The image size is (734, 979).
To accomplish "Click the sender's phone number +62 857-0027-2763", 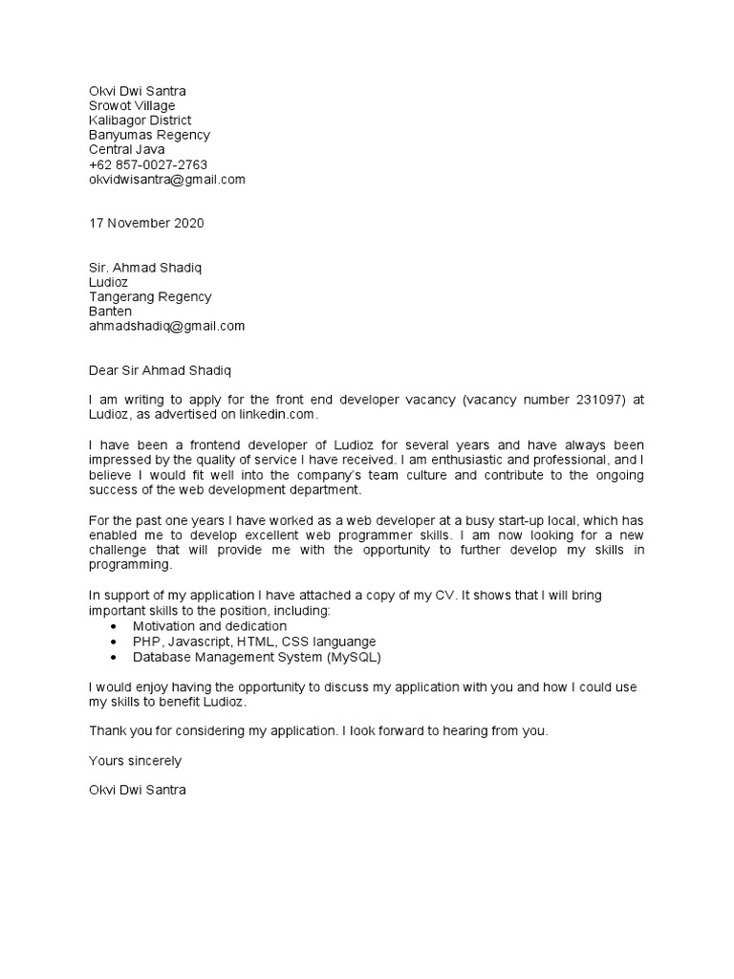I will click(x=148, y=164).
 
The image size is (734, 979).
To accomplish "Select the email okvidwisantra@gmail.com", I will click(x=167, y=179).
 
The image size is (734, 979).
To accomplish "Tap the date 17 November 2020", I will click(x=146, y=224).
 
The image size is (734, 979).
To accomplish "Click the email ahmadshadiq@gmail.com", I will click(x=167, y=326).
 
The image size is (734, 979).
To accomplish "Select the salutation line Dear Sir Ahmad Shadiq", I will click(x=161, y=370).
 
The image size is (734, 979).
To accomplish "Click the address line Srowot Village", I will click(x=132, y=106).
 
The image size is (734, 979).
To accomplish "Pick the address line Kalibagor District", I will click(x=140, y=120).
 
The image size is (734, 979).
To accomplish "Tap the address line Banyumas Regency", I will click(x=150, y=135).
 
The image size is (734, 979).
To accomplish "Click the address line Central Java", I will click(x=127, y=149).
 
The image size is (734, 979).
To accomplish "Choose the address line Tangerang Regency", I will click(x=150, y=297).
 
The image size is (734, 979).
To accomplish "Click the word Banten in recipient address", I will click(x=110, y=312).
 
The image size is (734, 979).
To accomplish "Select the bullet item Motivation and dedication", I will click(x=209, y=626).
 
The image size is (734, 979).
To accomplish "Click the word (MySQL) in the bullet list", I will click(x=359, y=657).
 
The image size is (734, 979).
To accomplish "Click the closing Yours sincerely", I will click(x=135, y=761).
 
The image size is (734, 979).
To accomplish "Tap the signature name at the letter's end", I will click(x=138, y=791).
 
